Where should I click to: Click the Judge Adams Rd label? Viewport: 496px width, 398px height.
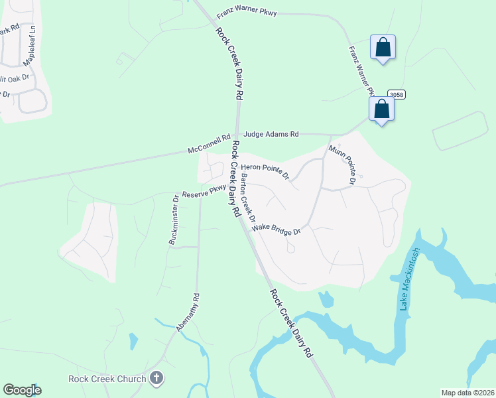tap(271, 134)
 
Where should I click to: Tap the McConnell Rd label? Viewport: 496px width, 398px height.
tap(208, 149)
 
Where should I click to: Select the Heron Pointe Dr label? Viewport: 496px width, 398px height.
tap(265, 170)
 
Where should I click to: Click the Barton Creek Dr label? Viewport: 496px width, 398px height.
tap(248, 197)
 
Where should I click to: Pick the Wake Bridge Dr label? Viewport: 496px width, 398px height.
tap(276, 230)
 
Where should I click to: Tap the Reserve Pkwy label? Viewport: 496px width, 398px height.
tap(204, 192)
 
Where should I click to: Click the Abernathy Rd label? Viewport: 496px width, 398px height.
tap(187, 313)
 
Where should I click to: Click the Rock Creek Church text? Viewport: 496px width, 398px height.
tap(107, 379)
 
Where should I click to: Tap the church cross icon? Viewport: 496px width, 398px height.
tap(156, 379)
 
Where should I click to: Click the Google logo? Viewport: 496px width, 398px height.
tap(22, 390)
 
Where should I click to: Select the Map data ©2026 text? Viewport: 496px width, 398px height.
tap(468, 393)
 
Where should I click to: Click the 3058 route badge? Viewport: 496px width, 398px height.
tap(396, 95)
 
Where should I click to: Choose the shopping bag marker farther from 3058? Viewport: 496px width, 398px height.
tap(383, 48)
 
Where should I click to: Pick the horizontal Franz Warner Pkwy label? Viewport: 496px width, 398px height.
tap(247, 13)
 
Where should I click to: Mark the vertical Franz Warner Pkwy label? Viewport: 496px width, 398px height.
tap(361, 71)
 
